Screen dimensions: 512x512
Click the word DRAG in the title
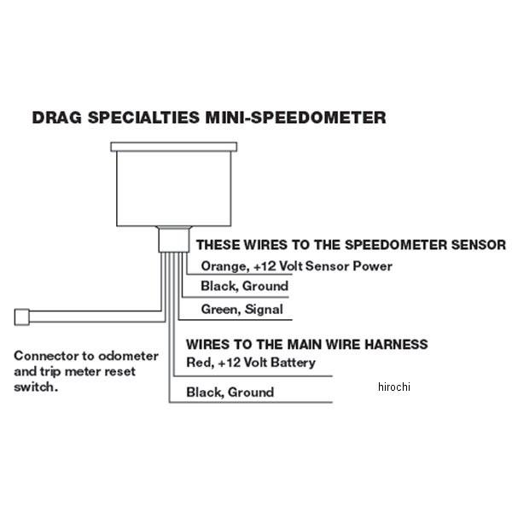click(x=57, y=118)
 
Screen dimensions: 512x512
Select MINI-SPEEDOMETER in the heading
click(x=296, y=118)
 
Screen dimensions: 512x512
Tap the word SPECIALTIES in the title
click(x=143, y=118)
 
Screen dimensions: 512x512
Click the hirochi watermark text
click(x=393, y=387)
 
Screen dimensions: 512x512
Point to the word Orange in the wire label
click(x=224, y=266)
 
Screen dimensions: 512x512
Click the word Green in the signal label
click(x=221, y=309)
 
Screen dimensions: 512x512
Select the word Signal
click(x=264, y=309)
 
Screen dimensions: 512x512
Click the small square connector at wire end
click(x=22, y=317)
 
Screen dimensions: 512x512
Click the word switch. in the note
click(x=36, y=387)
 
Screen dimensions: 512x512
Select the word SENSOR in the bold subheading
click(x=479, y=245)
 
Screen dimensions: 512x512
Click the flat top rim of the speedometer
click(x=174, y=147)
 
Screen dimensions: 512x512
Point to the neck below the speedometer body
click(x=174, y=240)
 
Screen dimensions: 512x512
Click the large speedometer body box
click(x=174, y=189)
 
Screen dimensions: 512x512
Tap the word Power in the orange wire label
click(x=373, y=266)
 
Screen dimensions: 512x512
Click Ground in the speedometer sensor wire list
click(x=265, y=287)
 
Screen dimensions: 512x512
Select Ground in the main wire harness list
click(x=251, y=393)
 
